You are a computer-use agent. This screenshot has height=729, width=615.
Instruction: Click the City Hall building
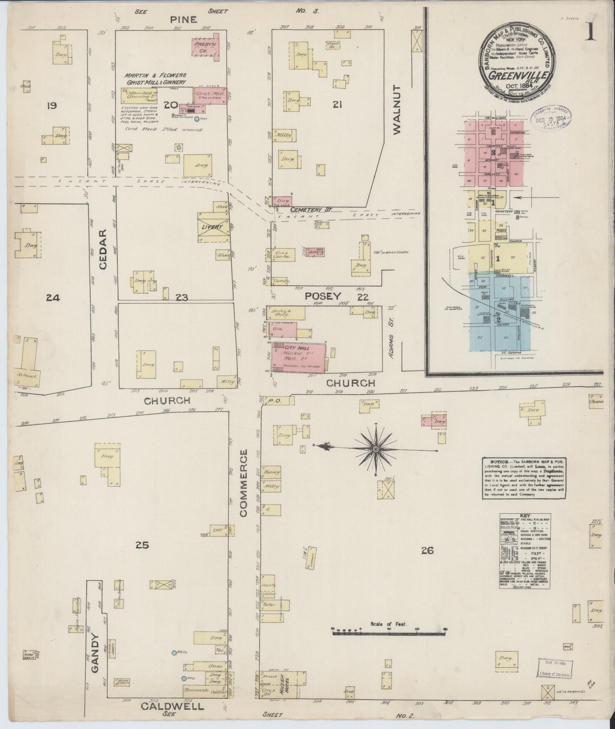tap(300, 357)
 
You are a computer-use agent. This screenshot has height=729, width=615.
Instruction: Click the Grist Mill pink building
tap(211, 95)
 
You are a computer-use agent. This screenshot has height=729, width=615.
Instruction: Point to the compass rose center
tap(376, 450)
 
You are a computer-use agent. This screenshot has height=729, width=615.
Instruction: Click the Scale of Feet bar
tap(389, 633)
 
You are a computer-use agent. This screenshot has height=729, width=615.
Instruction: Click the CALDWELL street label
tap(172, 706)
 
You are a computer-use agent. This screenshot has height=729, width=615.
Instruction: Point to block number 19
tap(51, 105)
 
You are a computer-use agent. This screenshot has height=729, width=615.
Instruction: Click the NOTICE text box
tap(524, 477)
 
